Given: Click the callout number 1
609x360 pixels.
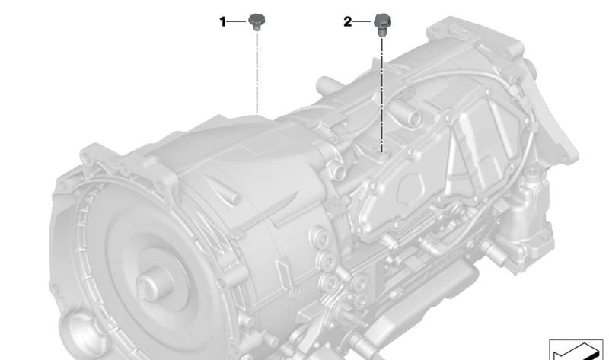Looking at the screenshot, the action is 222,22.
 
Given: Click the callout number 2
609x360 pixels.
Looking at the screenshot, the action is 348,22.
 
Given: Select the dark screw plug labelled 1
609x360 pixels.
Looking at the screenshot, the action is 257,22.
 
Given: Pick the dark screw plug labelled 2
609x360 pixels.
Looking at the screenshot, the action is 382,25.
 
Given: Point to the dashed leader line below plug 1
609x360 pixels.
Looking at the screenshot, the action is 257,73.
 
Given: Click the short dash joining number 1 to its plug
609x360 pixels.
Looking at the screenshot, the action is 236,21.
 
